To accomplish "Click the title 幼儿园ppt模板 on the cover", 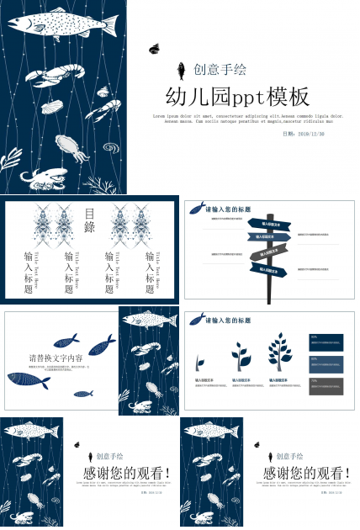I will click(238, 95).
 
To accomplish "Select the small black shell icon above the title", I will click(154, 49).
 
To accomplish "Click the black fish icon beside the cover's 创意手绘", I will click(180, 70).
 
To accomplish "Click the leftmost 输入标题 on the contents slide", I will click(29, 271).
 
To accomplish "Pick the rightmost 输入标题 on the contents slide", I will click(150, 271).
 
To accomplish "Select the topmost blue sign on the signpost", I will click(277, 225).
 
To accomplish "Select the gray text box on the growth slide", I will click(326, 385).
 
